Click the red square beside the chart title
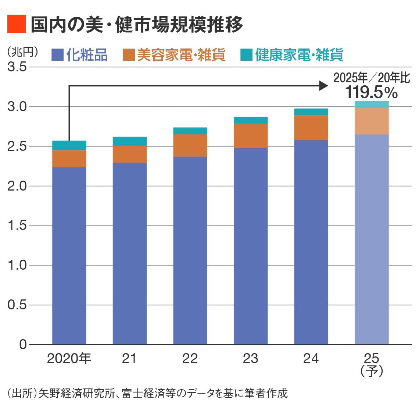tap(17, 24)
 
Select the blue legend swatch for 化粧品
tap(58, 55)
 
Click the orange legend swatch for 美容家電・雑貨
tap(129, 55)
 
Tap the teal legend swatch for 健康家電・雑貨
tap(246, 55)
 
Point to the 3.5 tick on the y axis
tap(17, 67)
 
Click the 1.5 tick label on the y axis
tap(17, 225)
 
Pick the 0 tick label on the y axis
tap(23, 344)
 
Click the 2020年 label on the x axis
tap(69, 358)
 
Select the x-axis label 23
tap(250, 358)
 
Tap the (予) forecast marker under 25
tap(372, 371)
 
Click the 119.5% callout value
tap(371, 92)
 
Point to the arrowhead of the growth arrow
tap(324, 86)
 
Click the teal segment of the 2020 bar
tap(69, 145)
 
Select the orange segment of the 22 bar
tap(190, 145)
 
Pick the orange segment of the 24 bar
tap(311, 128)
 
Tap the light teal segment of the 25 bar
tap(372, 104)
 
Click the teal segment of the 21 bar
tap(129, 141)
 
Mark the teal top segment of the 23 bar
tap(250, 120)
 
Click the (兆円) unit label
tap(22, 52)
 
